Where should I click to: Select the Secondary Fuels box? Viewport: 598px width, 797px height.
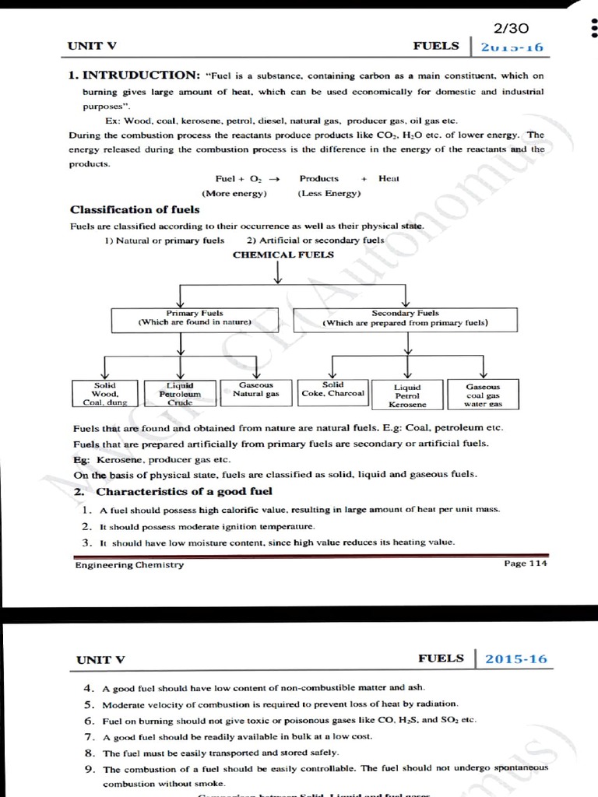click(x=405, y=318)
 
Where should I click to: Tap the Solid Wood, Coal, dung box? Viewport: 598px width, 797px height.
click(x=105, y=394)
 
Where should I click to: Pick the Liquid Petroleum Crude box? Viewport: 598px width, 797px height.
click(x=180, y=394)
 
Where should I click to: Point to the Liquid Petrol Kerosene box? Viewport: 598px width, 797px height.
click(x=407, y=395)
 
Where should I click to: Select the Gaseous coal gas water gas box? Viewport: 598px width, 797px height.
click(x=483, y=395)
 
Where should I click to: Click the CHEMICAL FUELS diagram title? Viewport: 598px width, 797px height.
click(x=283, y=255)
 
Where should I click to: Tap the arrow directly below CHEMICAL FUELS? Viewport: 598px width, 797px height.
click(x=278, y=274)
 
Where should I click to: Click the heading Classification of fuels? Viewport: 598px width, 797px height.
click(x=135, y=209)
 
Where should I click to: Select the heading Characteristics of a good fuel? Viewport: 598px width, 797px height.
click(x=184, y=491)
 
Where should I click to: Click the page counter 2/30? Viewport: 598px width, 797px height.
click(x=512, y=28)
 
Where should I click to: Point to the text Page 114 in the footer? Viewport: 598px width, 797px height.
click(x=526, y=564)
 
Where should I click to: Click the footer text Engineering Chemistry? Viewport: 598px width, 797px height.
click(x=129, y=565)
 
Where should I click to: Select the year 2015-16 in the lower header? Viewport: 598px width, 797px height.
click(x=515, y=659)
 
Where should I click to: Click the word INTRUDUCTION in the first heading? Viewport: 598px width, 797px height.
click(x=141, y=75)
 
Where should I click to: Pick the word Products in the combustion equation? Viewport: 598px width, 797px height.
click(x=319, y=178)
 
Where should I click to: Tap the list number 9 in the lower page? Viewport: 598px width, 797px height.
click(x=90, y=769)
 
